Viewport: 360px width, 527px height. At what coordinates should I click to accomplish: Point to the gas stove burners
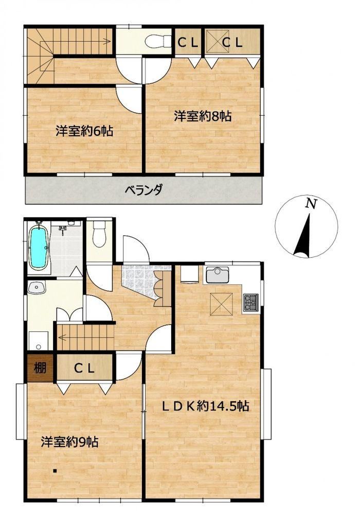(251, 302)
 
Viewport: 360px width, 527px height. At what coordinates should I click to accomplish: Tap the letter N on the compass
(312, 204)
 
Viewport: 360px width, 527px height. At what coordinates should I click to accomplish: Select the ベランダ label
(143, 190)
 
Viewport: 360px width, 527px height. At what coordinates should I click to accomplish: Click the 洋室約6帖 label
(84, 131)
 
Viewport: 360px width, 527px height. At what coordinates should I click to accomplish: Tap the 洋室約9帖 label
(70, 442)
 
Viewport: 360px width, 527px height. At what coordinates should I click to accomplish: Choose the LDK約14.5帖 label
(206, 406)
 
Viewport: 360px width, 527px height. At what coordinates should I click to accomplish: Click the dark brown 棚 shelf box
(40, 368)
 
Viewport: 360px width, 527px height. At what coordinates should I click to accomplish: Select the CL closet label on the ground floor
(84, 368)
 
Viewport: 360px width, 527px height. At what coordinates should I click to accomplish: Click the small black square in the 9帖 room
(55, 470)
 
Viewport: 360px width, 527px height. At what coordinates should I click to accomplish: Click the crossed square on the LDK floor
(221, 304)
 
